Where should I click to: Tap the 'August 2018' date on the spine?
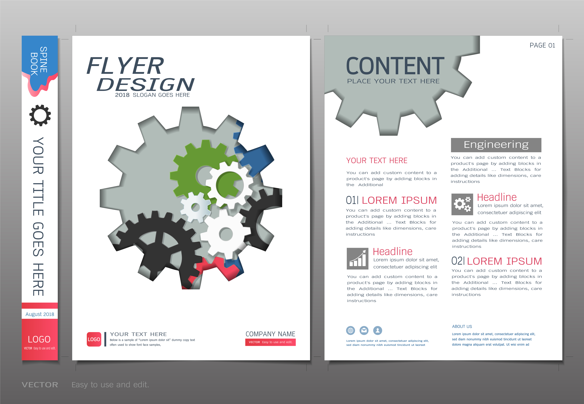(40, 314)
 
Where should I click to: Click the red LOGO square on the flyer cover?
(94, 339)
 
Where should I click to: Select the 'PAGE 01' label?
(542, 45)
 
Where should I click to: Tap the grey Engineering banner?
(496, 145)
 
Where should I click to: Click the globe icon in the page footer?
(351, 330)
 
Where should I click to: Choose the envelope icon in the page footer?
(364, 330)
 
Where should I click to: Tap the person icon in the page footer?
(378, 330)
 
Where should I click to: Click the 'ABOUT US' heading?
(462, 327)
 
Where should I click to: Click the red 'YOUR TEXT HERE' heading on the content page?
(377, 160)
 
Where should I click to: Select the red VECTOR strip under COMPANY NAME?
(270, 342)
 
